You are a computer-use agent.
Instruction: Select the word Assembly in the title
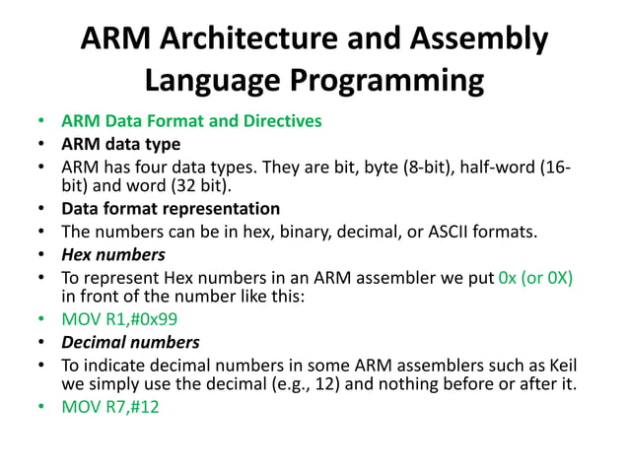[x=480, y=38]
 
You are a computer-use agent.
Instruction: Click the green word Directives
[x=279, y=122]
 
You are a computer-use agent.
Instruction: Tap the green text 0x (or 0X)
[x=536, y=279]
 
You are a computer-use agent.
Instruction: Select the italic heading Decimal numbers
[x=130, y=343]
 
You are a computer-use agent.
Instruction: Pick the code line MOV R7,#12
[x=110, y=407]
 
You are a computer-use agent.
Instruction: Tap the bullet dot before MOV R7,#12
[x=40, y=407]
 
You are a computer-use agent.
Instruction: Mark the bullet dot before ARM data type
[x=40, y=144]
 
